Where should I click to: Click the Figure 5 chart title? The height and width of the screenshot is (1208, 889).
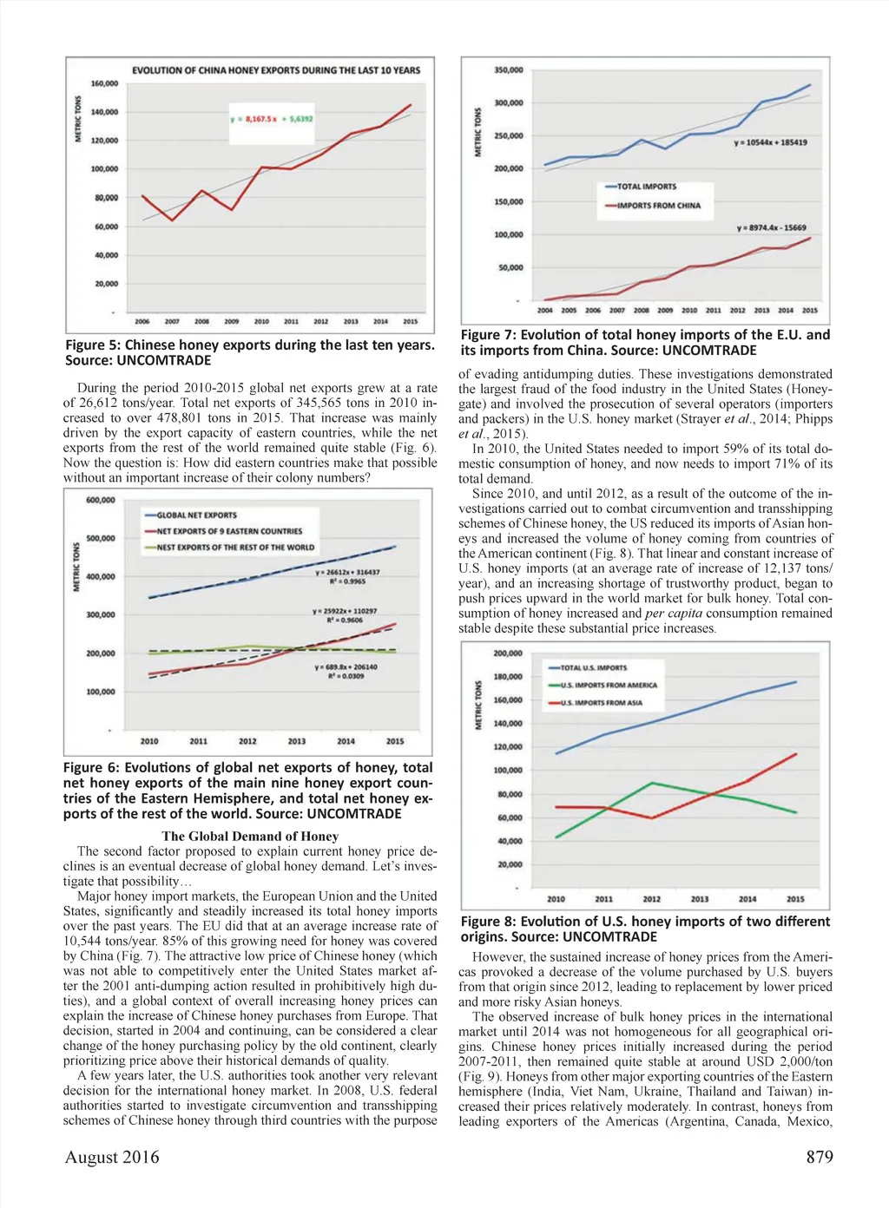[x=276, y=70]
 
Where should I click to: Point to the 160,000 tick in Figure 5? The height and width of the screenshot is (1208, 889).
[x=104, y=84]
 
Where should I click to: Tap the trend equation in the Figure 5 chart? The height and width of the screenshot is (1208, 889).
[x=272, y=118]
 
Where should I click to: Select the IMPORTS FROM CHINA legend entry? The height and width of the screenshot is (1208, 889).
[x=657, y=206]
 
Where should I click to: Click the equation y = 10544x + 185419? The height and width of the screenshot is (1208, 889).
[x=770, y=142]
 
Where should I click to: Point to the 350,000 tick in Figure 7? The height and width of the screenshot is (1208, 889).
[x=509, y=70]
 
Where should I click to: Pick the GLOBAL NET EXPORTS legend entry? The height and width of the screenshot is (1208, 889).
[x=196, y=515]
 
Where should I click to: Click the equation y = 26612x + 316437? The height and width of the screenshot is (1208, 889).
[x=347, y=573]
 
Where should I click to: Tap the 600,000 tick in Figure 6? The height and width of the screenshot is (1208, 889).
[x=101, y=501]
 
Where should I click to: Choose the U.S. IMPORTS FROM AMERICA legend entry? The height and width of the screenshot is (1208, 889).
[x=608, y=686]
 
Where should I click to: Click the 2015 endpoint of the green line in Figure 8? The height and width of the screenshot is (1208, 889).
[x=796, y=812]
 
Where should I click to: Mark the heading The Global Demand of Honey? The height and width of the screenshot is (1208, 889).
[x=250, y=837]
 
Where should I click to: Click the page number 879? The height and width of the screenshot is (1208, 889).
[x=819, y=1157]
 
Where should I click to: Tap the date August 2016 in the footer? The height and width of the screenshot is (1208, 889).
[x=112, y=1157]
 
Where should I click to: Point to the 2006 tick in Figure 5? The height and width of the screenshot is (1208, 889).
[x=142, y=322]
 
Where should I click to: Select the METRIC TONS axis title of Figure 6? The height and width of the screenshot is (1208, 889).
[x=76, y=567]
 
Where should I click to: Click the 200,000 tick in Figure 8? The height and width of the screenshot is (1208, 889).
[x=508, y=653]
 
